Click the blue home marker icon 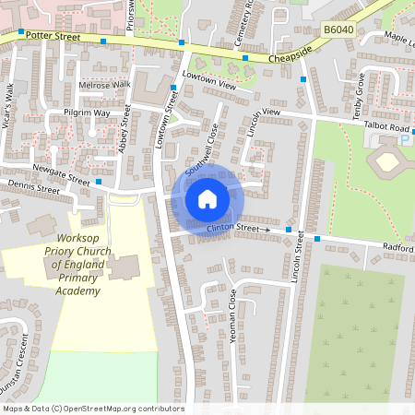[207, 199]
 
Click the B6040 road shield [339, 30]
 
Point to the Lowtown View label [209, 80]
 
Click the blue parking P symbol [405, 140]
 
